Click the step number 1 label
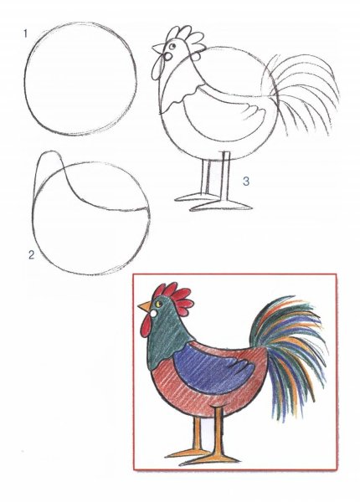(x=25, y=33)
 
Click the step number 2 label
(x=31, y=255)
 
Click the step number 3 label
(x=245, y=182)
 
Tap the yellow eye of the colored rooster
(x=158, y=303)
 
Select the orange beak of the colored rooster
(x=145, y=306)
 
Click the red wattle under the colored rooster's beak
(x=146, y=325)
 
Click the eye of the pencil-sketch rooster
(x=172, y=46)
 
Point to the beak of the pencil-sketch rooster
(x=158, y=49)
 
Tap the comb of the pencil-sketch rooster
(x=185, y=38)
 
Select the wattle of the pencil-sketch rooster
(x=158, y=68)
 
